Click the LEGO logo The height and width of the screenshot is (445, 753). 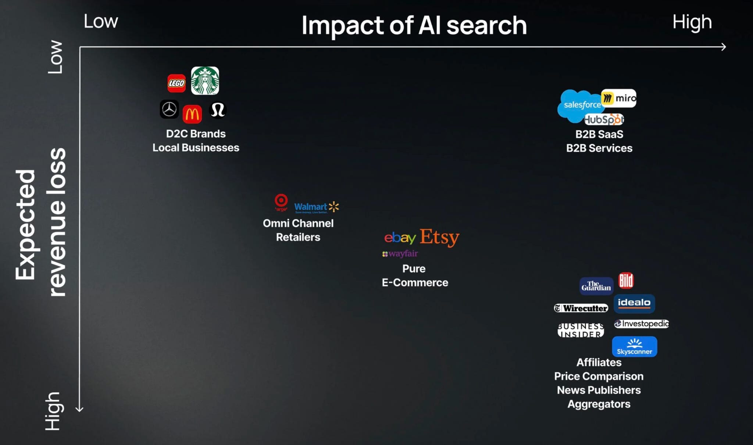[x=176, y=83]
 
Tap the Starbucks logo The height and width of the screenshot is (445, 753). [x=205, y=81]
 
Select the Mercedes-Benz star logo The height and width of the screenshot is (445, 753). [x=169, y=109]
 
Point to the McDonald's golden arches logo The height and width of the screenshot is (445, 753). [x=192, y=114]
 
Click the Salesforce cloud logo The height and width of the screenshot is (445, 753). [x=578, y=106]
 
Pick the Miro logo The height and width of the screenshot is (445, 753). [x=619, y=98]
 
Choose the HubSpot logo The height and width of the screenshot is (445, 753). [x=604, y=120]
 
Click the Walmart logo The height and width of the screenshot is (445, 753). [x=316, y=207]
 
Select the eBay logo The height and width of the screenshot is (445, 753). [x=400, y=238]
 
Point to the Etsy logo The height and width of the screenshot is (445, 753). [x=439, y=237]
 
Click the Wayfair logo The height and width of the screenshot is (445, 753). [x=400, y=254]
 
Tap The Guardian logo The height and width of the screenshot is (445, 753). [x=596, y=286]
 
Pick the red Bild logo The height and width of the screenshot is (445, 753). [x=626, y=281]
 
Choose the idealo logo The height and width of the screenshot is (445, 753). [x=634, y=303]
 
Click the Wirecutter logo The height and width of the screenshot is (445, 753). [x=581, y=308]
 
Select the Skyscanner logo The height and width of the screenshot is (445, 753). [x=634, y=346]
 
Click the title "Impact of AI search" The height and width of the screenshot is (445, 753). [x=414, y=25]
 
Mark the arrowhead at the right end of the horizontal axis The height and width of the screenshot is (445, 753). [x=724, y=47]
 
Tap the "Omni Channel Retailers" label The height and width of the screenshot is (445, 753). [x=298, y=230]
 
